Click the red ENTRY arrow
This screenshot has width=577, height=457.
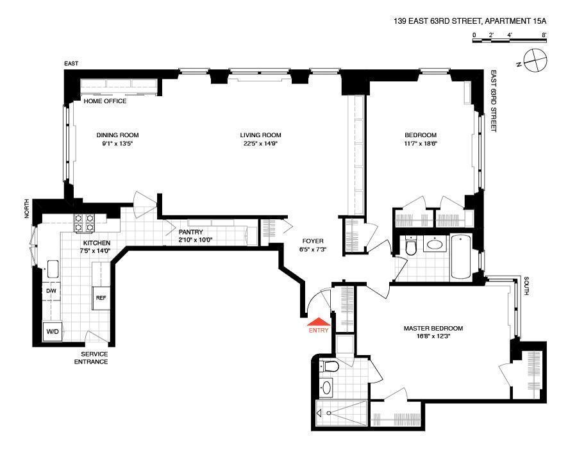[x=319, y=322]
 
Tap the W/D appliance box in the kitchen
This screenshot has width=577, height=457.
[x=53, y=331]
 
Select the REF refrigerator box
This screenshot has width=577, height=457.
[x=101, y=297]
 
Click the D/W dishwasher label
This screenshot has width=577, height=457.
[x=51, y=291]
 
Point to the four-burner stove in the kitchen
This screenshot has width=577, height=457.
[x=84, y=223]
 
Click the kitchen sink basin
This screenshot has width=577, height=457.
[x=53, y=269]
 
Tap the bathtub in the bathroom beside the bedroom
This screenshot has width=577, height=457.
[x=461, y=258]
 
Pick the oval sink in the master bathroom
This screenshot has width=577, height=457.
[x=326, y=387]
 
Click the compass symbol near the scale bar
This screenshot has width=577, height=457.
[x=535, y=60]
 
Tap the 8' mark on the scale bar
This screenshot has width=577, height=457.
[x=544, y=35]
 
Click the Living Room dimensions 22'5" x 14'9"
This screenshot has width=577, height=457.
[x=260, y=144]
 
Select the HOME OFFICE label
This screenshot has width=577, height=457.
[x=105, y=101]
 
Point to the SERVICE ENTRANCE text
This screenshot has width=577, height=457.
[x=91, y=358]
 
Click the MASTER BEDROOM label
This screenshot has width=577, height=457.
[x=433, y=328]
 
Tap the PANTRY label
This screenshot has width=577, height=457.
[x=190, y=232]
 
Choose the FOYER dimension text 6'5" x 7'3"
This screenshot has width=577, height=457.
[x=313, y=249]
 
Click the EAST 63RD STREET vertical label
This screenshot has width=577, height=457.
[x=494, y=101]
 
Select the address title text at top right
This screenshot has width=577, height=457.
[x=470, y=21]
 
